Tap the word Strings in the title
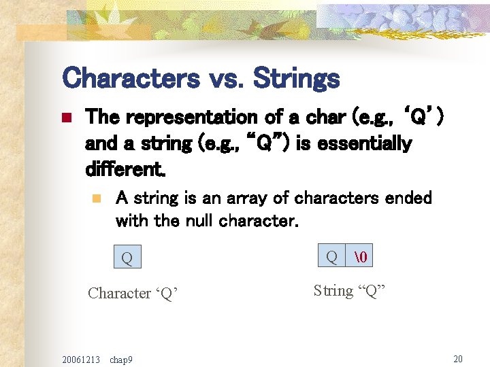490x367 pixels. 296,79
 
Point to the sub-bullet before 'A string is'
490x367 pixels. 97,199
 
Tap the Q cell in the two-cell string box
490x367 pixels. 331,256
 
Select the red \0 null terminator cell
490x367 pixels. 360,256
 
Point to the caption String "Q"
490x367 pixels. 349,290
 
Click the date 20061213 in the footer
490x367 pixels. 80,359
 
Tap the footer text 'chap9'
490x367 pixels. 121,359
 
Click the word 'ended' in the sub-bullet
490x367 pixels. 408,198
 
